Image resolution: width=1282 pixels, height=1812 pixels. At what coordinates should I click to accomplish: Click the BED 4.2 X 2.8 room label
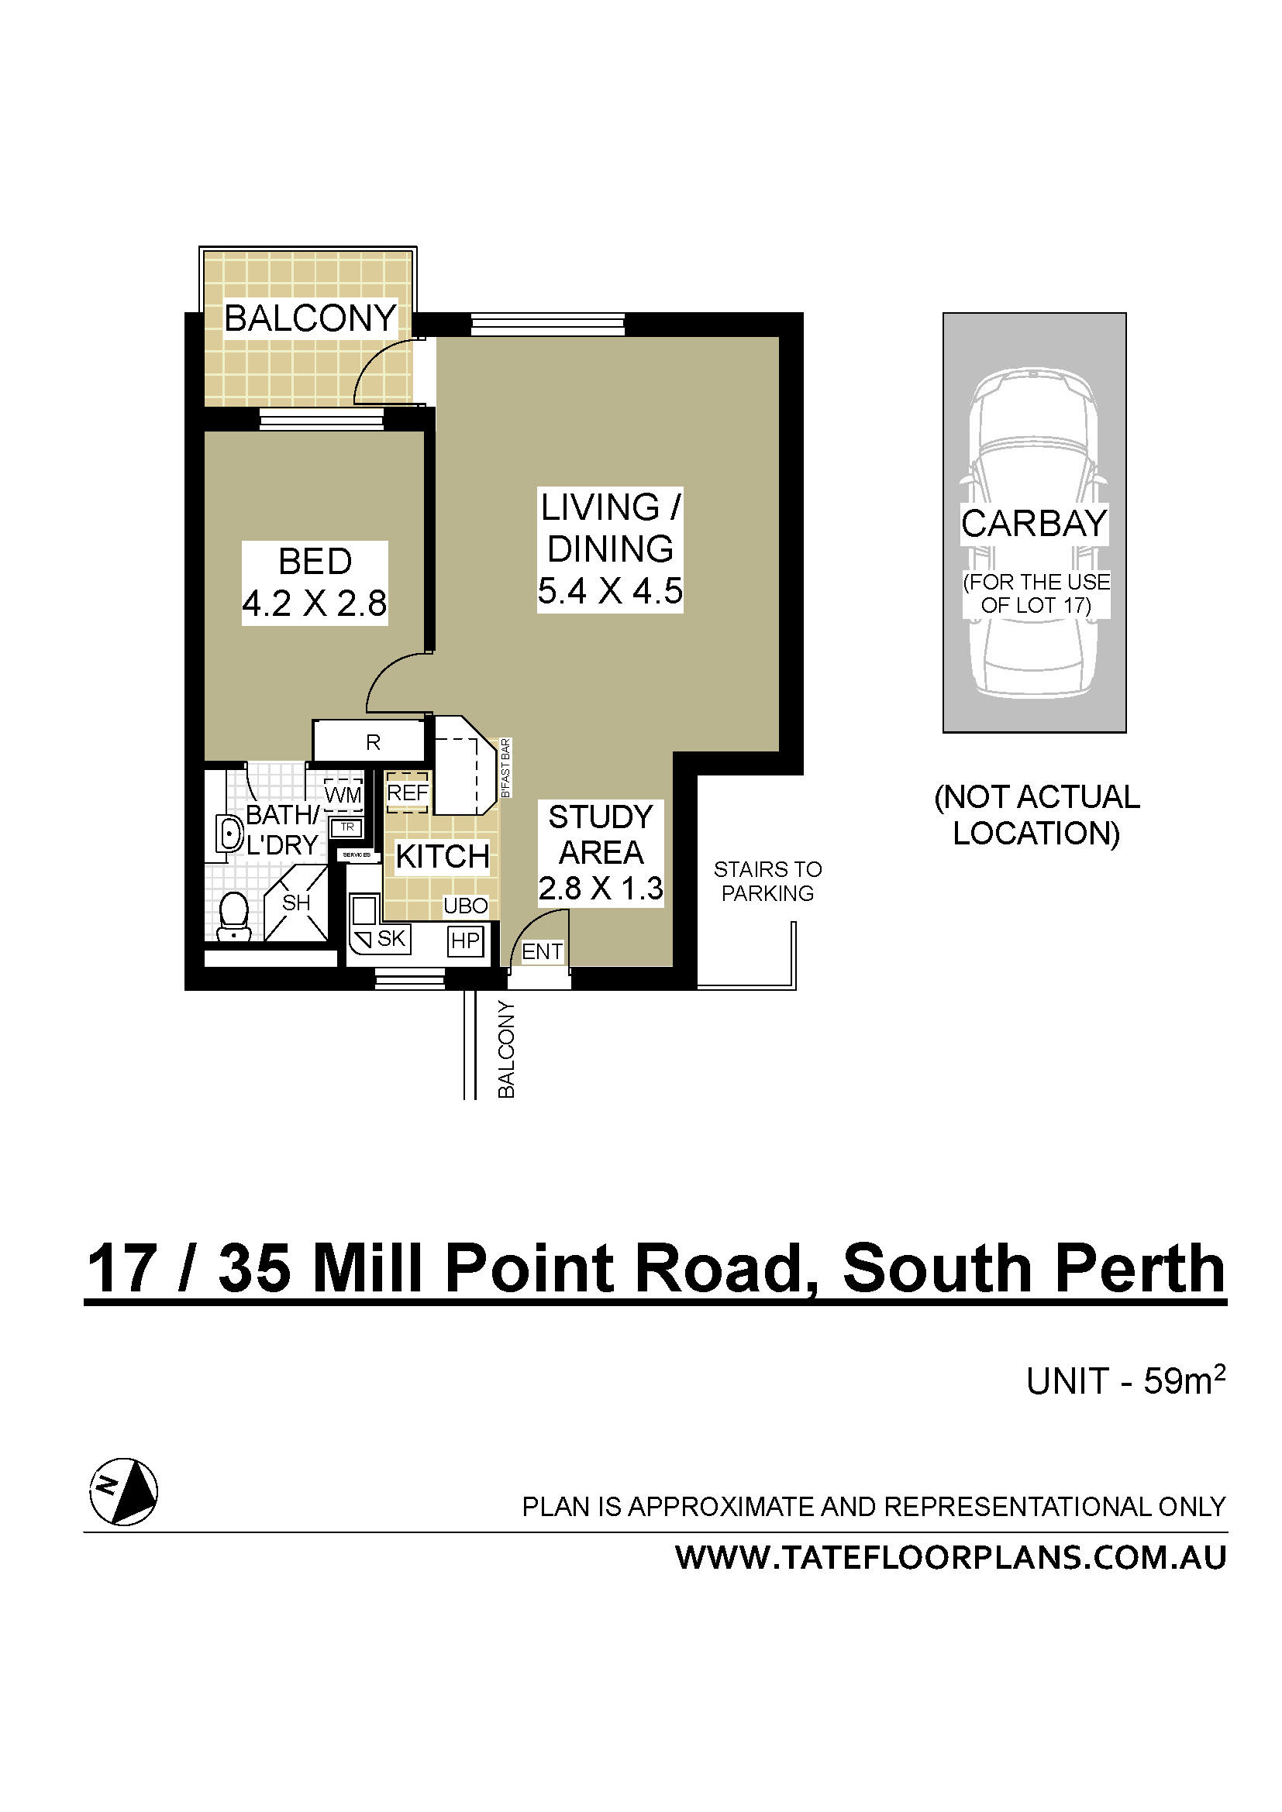[x=314, y=583]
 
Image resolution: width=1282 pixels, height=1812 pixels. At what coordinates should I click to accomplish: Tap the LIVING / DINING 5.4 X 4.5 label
[x=609, y=549]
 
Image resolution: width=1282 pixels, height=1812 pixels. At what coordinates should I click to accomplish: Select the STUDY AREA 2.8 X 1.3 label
[x=601, y=852]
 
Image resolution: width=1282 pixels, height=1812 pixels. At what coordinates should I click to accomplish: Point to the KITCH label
[x=442, y=856]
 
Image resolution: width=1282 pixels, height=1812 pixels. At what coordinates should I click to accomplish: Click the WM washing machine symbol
[x=343, y=794]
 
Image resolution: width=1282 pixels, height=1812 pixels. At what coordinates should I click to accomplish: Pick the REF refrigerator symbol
[x=408, y=793]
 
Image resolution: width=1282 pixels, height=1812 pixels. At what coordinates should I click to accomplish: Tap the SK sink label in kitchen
[x=391, y=938]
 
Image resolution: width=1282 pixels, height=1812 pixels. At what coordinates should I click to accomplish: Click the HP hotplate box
[x=465, y=940]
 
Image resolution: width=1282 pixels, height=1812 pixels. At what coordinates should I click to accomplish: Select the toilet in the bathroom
[x=233, y=917]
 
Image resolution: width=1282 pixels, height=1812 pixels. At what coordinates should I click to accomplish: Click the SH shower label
[x=296, y=903]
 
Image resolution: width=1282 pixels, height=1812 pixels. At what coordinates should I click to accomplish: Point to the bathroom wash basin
[x=229, y=834]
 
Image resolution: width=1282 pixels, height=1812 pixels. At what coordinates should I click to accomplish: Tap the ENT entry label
[x=542, y=952]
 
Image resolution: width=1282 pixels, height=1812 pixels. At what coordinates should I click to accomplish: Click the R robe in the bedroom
[x=373, y=742]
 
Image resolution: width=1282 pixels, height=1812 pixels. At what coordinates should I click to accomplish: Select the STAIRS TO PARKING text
[x=767, y=881]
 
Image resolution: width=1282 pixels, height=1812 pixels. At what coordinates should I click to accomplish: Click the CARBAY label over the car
[x=1034, y=523]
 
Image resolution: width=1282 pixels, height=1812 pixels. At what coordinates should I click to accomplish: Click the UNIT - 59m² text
[x=1125, y=1380]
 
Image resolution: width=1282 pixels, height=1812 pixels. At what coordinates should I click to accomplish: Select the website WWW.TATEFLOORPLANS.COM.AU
[x=950, y=1557]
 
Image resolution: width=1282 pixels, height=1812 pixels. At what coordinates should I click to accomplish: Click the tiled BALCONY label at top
[x=310, y=318]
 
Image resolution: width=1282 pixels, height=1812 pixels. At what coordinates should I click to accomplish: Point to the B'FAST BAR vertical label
[x=506, y=768]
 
